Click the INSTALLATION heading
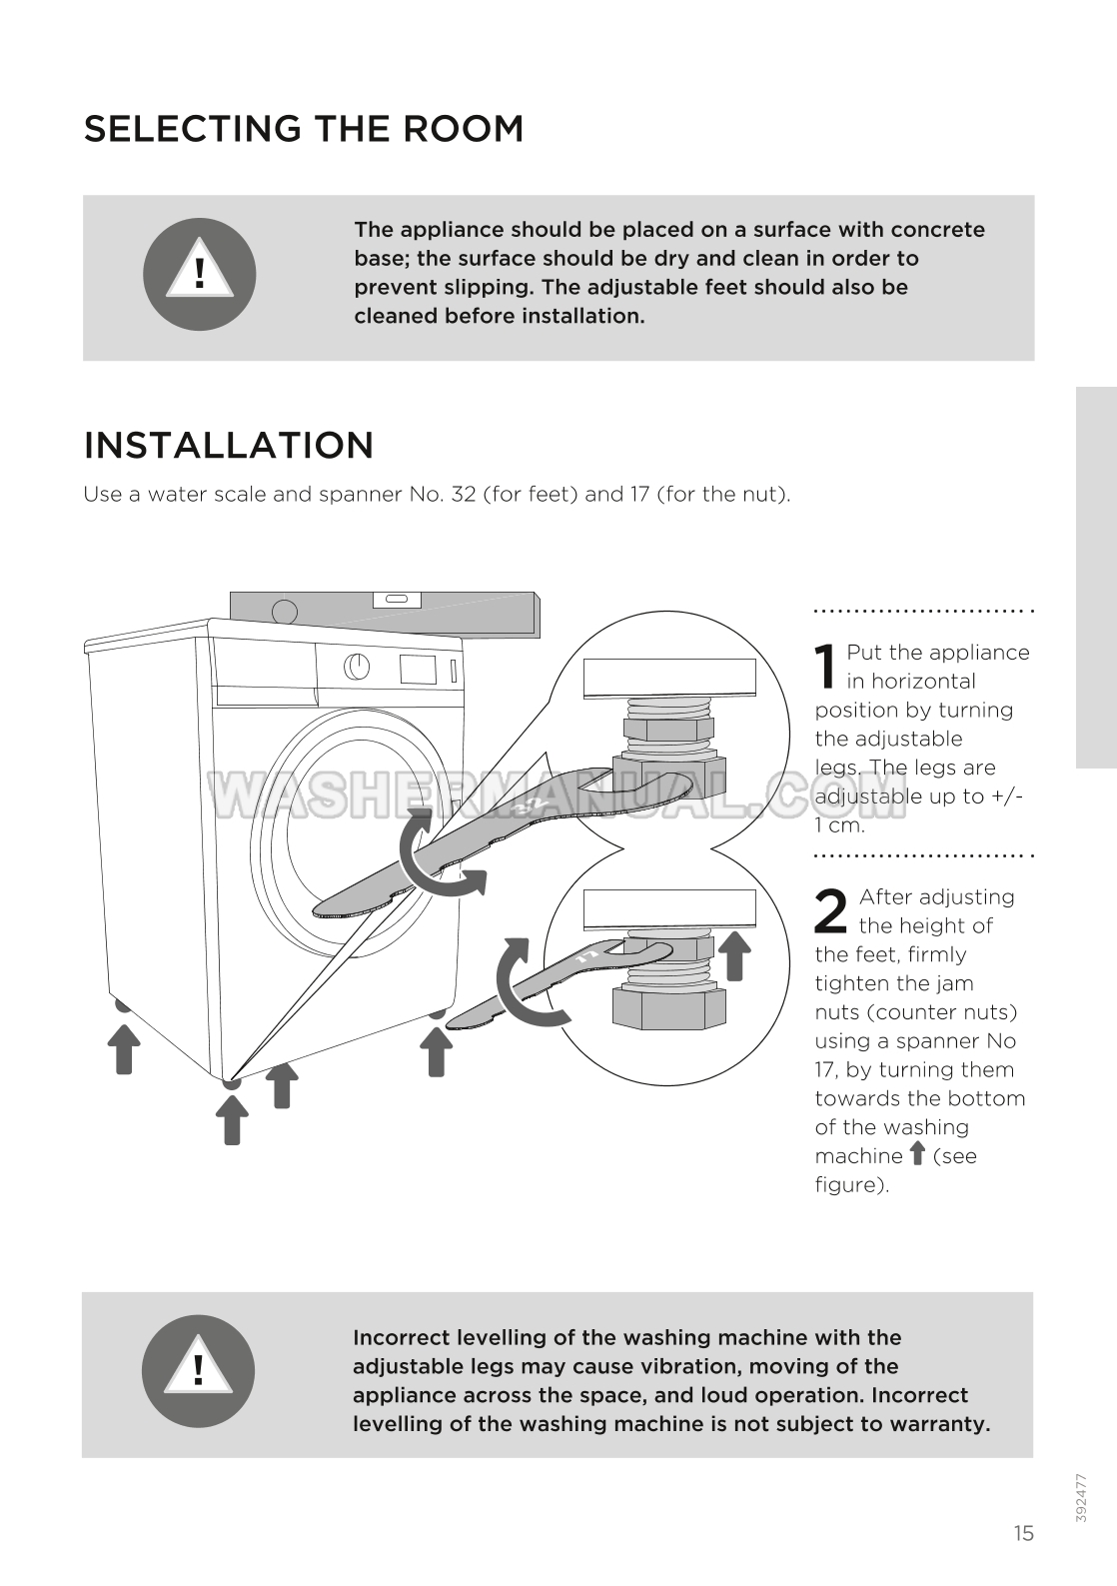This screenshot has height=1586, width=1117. point(229,445)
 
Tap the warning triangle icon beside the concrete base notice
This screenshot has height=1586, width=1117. point(200,274)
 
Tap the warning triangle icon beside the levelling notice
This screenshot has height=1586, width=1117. point(198,1370)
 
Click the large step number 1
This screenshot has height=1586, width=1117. point(825,667)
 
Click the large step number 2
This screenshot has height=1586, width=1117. point(831,911)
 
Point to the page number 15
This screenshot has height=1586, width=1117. point(1023,1533)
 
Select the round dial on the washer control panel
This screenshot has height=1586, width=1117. point(357,667)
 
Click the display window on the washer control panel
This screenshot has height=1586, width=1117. point(419,669)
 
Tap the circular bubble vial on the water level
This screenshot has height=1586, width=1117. point(285,611)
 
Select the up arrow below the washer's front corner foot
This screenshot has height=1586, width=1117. point(232,1119)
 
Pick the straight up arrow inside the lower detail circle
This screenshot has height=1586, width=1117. point(735,954)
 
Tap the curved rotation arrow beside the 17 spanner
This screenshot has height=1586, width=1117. point(525,984)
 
